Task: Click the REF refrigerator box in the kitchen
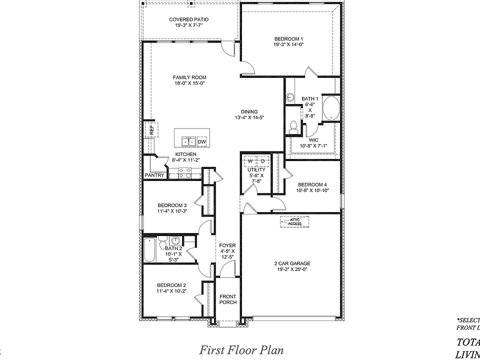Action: [x=149, y=130]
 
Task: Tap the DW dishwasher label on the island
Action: [x=202, y=142]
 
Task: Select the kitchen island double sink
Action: [x=188, y=141]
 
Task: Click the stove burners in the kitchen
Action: [x=184, y=173]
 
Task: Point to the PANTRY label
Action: [x=154, y=175]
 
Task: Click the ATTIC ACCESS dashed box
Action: [x=294, y=221]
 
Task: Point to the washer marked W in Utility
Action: [x=250, y=161]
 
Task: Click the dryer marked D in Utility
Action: [x=262, y=161]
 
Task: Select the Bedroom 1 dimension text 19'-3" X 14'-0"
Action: [x=288, y=44]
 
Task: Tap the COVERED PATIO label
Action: [x=188, y=19]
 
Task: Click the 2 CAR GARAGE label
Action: [x=292, y=263]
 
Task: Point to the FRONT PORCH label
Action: [x=227, y=299]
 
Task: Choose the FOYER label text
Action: [x=227, y=245]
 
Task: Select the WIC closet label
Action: [x=313, y=140]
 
